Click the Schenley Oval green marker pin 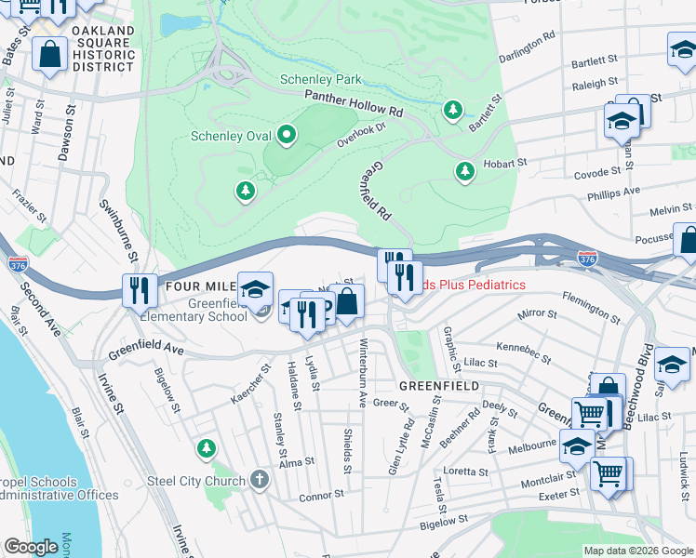point(287,136)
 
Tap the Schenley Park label point(322,80)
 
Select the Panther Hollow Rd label point(353,105)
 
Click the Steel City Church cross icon point(260,481)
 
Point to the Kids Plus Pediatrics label point(475,285)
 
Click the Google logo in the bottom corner point(31,547)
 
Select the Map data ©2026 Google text point(638,551)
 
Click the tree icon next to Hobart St point(465,171)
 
